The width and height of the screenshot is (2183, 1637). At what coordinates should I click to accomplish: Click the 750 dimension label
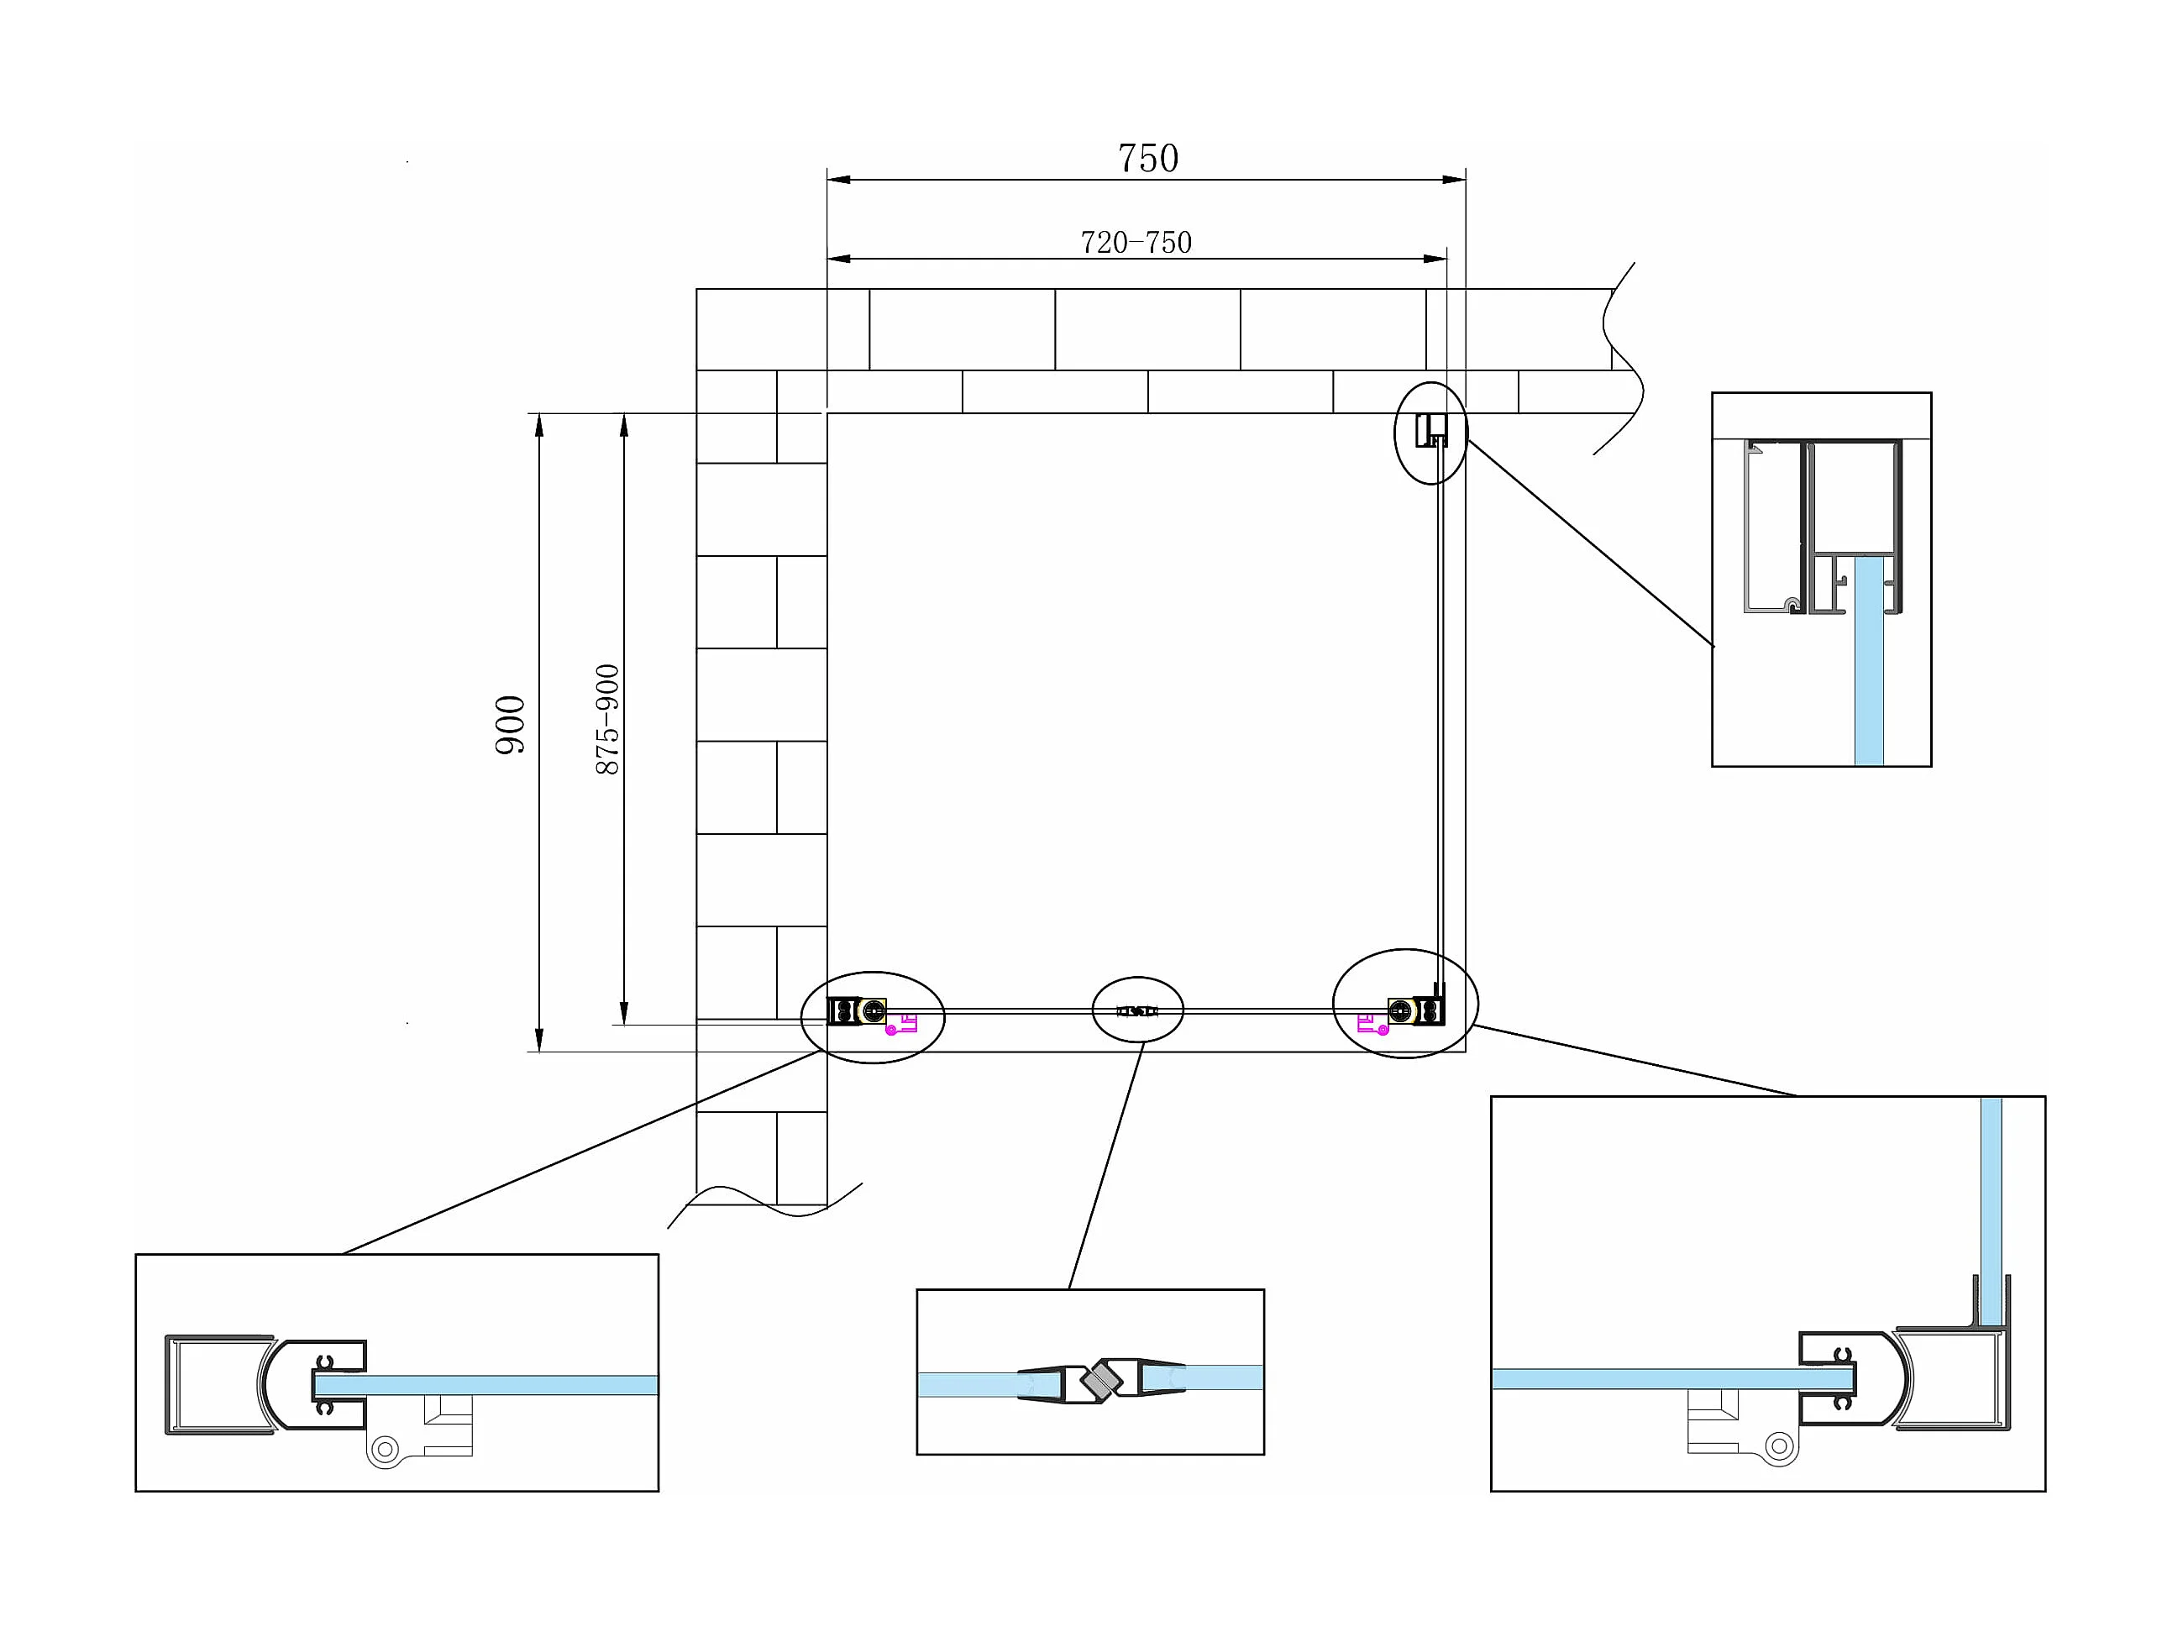point(1147,159)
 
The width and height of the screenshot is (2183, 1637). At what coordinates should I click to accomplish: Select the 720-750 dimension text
point(1136,243)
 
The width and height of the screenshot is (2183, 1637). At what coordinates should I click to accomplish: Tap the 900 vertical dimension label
point(510,725)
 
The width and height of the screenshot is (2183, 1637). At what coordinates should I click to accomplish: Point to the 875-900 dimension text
point(608,719)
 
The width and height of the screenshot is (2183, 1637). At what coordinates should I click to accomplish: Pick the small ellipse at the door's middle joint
point(1137,1010)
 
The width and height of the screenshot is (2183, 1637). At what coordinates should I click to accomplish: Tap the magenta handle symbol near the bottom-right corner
point(1372,1024)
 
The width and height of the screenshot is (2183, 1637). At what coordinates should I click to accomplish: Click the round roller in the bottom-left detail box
point(384,1450)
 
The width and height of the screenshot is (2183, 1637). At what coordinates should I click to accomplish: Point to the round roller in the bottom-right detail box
point(1778,1446)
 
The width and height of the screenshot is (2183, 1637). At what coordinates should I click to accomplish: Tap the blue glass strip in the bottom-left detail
point(513,1385)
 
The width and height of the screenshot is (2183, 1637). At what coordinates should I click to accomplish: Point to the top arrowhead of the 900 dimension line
point(539,425)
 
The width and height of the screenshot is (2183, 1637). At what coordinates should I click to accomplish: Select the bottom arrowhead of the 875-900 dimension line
point(624,1014)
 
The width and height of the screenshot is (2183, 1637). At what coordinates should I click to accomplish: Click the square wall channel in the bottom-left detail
point(217,1385)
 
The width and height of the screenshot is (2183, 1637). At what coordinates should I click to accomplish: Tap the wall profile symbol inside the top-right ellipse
point(1430,431)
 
